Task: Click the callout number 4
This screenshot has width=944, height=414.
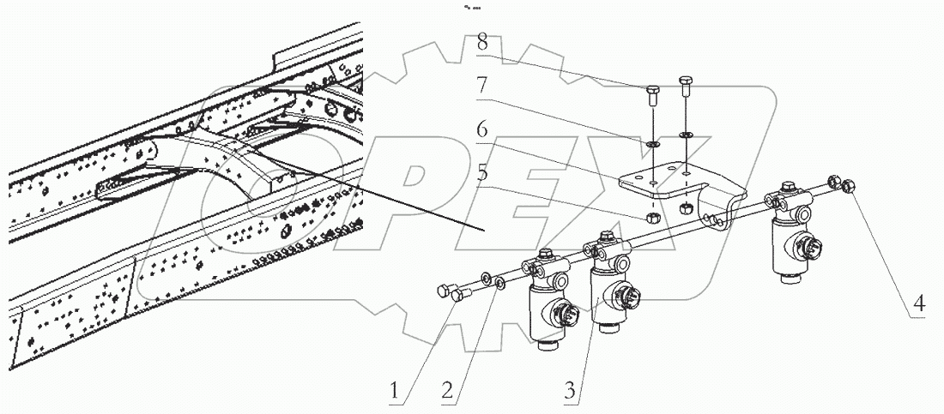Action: tap(919, 302)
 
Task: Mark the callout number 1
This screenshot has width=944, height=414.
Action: tap(396, 390)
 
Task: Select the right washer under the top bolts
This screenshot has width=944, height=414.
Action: tap(686, 135)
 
